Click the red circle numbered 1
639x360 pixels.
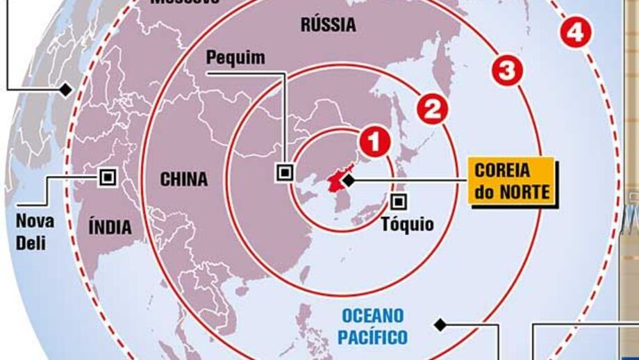(374, 142)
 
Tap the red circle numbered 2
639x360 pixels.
(432, 110)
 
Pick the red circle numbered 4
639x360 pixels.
(576, 32)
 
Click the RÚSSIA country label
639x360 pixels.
(329, 26)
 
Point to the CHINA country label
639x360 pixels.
(184, 179)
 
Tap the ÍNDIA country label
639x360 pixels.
(110, 227)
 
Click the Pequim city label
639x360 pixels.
(235, 58)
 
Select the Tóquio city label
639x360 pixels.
(408, 224)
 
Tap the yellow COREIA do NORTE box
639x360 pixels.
(513, 181)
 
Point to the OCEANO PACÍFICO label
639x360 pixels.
(374, 326)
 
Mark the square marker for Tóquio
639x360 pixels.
(399, 202)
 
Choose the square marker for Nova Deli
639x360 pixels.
(106, 177)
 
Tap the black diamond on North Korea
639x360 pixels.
(348, 181)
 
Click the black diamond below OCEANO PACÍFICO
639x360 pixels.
(438, 324)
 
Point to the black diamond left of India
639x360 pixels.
(65, 89)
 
